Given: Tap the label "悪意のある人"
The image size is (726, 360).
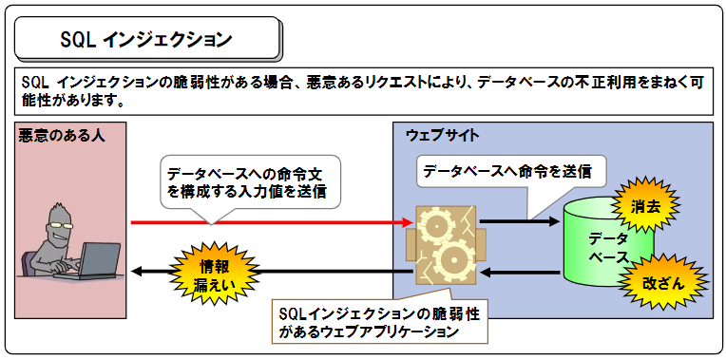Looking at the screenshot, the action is point(61,136).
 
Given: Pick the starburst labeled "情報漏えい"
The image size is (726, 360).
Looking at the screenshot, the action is point(202,271).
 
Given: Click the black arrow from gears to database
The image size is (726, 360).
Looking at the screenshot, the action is point(518,222).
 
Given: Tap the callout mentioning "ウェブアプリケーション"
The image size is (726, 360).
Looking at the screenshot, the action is point(380,322).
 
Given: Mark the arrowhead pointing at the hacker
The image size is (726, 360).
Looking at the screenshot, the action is point(136,273).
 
